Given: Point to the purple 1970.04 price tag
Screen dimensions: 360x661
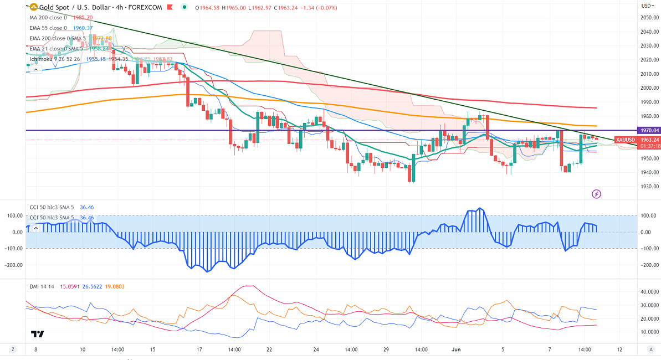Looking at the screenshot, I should (x=648, y=130).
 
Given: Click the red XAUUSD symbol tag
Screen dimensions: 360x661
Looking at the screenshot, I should (x=626, y=140).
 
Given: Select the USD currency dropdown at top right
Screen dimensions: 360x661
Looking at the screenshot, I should (x=647, y=6).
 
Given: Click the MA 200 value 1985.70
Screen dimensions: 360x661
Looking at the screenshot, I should (x=85, y=18).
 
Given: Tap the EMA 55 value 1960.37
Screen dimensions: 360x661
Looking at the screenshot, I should (x=83, y=28).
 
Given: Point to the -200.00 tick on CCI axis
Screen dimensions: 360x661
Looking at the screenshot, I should (x=648, y=265).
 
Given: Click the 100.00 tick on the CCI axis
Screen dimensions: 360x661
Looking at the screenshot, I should (x=648, y=215).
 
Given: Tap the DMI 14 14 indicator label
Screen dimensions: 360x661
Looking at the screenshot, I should (x=43, y=286).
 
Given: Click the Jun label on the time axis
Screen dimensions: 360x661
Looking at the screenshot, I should (x=456, y=350).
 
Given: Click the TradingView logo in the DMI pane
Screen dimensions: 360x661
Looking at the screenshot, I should (x=38, y=334).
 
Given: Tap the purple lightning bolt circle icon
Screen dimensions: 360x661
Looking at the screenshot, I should (x=597, y=194).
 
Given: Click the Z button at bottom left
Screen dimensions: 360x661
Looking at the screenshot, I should (x=12, y=350).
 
